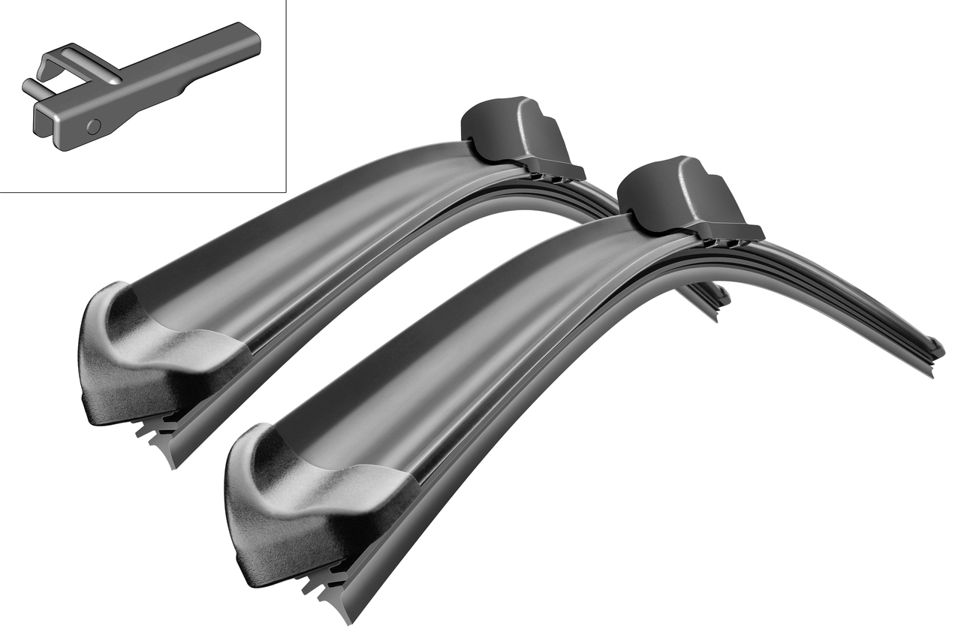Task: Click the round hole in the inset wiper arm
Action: point(93,127)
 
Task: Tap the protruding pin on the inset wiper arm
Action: point(30,88)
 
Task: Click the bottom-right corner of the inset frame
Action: point(286,192)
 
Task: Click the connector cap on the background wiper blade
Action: point(511,132)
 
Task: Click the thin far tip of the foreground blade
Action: point(935,350)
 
